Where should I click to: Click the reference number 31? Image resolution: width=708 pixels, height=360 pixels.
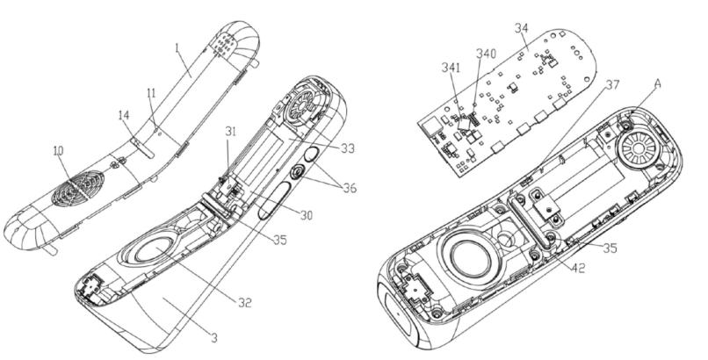tap(229, 133)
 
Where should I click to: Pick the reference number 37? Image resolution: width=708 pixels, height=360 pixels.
tap(612, 85)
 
